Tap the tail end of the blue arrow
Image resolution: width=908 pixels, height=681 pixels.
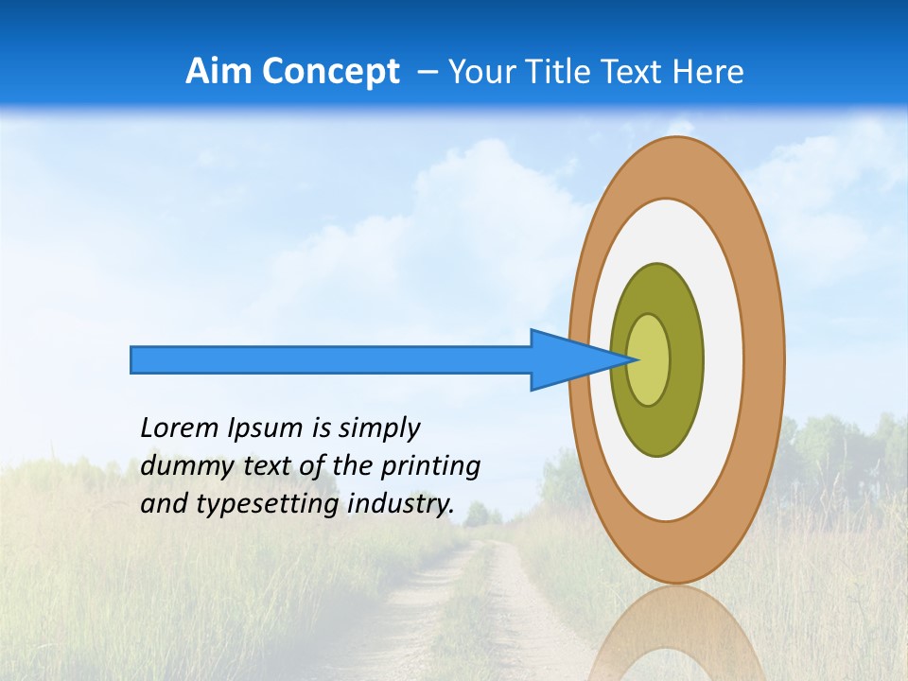133,359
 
